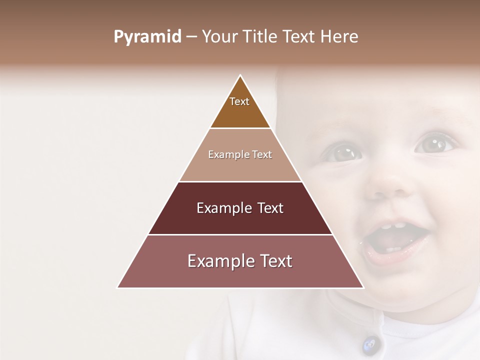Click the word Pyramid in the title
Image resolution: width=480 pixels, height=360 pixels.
point(147,37)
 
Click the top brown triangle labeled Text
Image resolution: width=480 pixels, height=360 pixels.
point(240,107)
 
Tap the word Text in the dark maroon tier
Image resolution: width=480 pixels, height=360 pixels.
point(267,208)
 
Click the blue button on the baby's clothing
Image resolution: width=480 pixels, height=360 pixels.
point(369,343)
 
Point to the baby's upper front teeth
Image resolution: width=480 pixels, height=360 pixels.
point(392,226)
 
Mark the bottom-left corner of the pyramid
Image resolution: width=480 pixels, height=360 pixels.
point(117,287)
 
